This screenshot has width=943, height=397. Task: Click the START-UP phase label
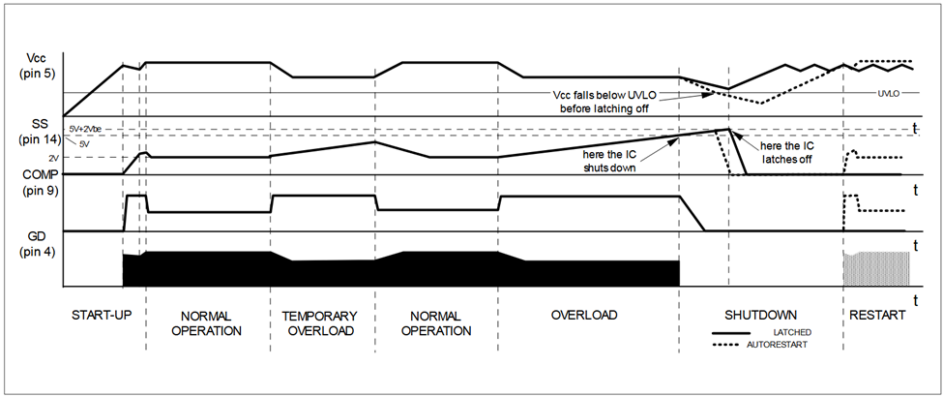pyautogui.click(x=102, y=316)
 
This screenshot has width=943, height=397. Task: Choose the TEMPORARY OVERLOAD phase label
pyautogui.click(x=319, y=323)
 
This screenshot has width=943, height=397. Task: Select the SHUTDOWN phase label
pyautogui.click(x=760, y=316)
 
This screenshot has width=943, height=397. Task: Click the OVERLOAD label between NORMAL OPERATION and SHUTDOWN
pyautogui.click(x=583, y=316)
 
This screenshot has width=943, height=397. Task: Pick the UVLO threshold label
pyautogui.click(x=889, y=94)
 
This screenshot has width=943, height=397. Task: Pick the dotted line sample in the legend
pyautogui.click(x=733, y=344)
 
